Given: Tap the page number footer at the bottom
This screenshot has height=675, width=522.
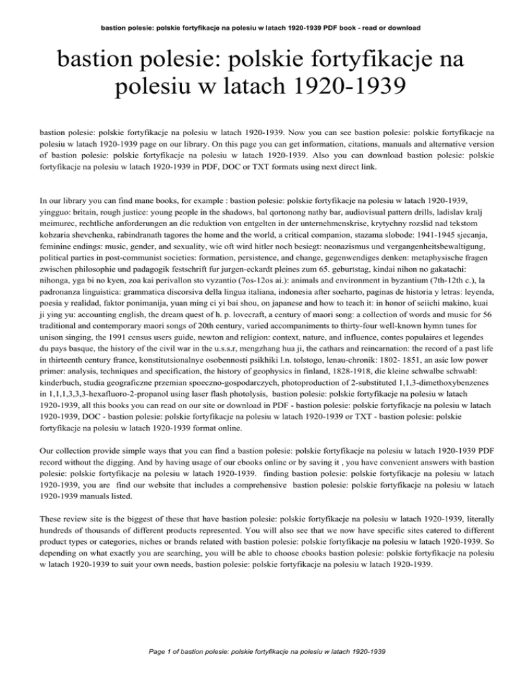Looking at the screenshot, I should pos(260,651).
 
